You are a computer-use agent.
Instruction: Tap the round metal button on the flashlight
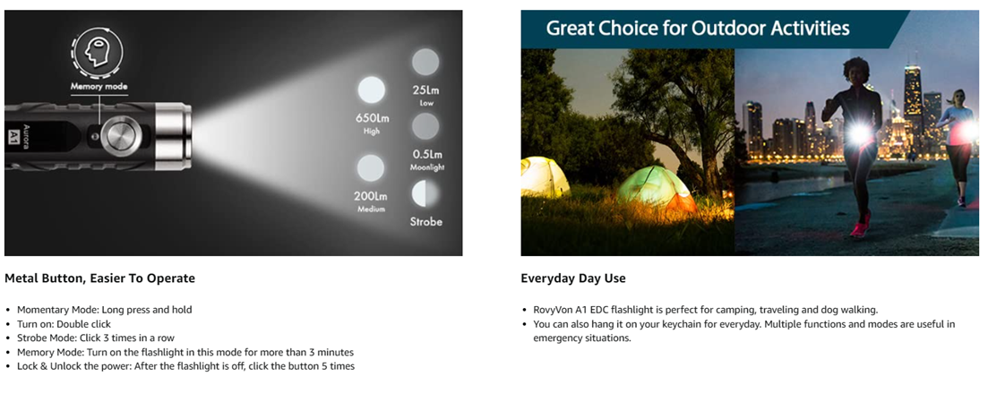tap(122, 134)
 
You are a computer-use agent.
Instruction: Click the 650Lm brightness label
tap(371, 123)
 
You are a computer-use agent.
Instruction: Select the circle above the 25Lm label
tap(425, 62)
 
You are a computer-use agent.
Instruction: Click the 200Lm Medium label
tap(371, 201)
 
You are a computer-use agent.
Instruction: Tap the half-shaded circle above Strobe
tap(425, 194)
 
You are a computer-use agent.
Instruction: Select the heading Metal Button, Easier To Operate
tap(99, 278)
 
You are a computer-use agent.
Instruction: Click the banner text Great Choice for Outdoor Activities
tap(698, 29)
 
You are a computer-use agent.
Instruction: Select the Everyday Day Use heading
tap(572, 278)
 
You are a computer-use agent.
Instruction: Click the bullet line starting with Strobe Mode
tap(96, 338)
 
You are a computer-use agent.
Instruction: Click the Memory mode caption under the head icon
tap(99, 86)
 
